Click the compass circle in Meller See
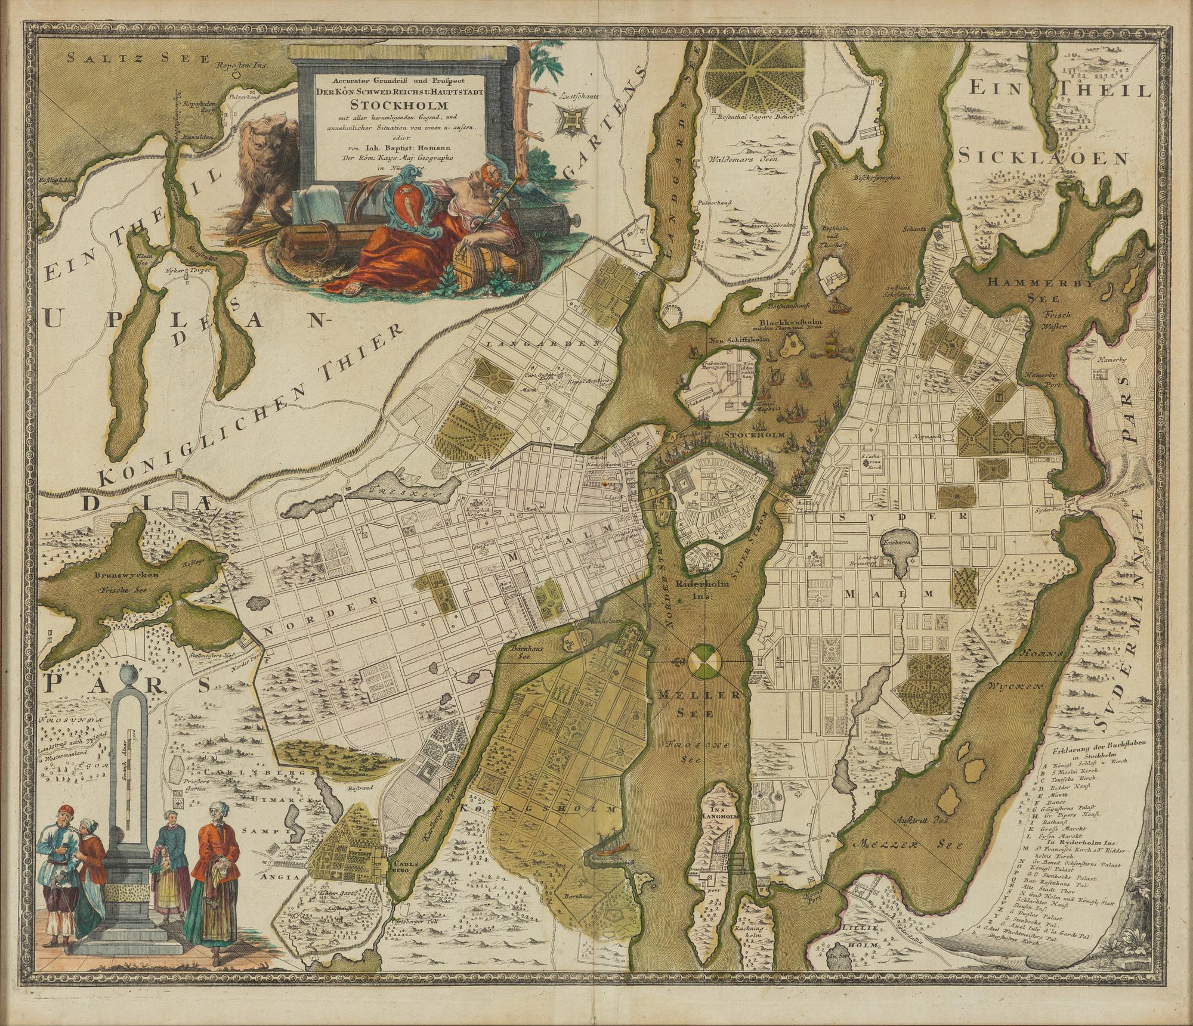[x=705, y=661]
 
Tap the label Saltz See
[x=137, y=58]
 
